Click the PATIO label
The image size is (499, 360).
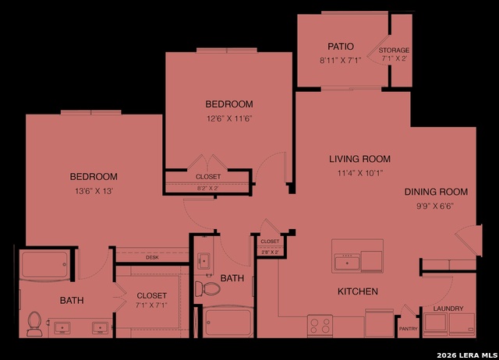point(335,46)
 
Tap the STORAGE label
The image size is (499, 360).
point(394,51)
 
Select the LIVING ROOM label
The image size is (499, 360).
point(359,159)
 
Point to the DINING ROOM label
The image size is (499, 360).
point(435,192)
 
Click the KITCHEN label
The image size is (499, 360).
point(357,291)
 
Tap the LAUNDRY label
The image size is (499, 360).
point(448,309)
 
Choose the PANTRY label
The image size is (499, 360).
point(408,328)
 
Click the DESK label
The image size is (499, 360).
point(152,257)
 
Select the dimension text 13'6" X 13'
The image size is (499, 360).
point(94,191)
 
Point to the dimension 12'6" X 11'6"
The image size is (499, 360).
point(229,118)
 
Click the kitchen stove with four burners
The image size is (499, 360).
point(320,323)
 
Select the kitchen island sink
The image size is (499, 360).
point(347,262)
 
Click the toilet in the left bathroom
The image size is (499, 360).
point(34,323)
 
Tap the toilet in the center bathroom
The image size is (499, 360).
point(210,289)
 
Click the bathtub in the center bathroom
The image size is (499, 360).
point(228,320)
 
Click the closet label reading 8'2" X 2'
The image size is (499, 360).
point(208,188)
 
